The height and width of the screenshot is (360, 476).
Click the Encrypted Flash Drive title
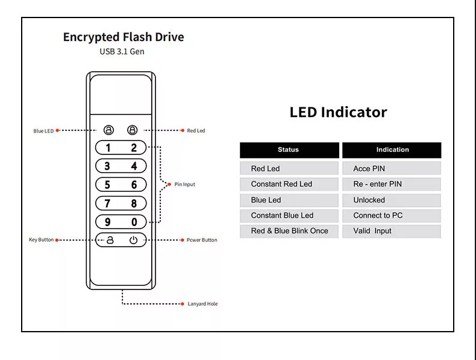pyautogui.click(x=124, y=37)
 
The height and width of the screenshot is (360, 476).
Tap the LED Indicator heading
pyautogui.click(x=338, y=112)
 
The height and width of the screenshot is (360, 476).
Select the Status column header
pyautogui.click(x=288, y=150)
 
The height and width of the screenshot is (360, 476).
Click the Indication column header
pyautogui.click(x=392, y=150)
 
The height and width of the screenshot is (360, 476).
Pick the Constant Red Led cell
pyautogui.click(x=281, y=184)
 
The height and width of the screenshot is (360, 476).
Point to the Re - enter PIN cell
pyautogui.click(x=377, y=184)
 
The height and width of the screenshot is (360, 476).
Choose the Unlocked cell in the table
pyautogui.click(x=369, y=200)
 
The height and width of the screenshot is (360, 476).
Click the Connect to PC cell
pyautogui.click(x=378, y=215)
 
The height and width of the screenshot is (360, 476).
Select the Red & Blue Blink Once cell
pyautogui.click(x=289, y=231)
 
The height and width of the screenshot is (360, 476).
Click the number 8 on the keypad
pyautogui.click(x=134, y=204)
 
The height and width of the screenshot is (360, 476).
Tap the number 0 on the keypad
pyautogui.click(x=134, y=223)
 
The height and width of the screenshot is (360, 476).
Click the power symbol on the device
pyautogui.click(x=133, y=240)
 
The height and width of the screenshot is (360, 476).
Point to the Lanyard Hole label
pyautogui.click(x=202, y=304)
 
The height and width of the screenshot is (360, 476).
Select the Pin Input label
pyautogui.click(x=184, y=185)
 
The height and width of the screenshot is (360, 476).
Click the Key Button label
pyautogui.click(x=41, y=240)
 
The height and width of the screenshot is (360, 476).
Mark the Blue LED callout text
pyautogui.click(x=43, y=130)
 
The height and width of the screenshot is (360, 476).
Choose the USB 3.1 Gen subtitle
pyautogui.click(x=122, y=52)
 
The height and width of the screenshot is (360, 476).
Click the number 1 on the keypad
pyautogui.click(x=108, y=148)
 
